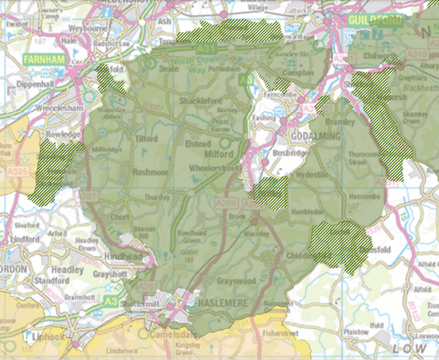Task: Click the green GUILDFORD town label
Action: pyautogui.click(x=376, y=21)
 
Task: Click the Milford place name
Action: pyautogui.click(x=219, y=154)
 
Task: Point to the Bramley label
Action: pyautogui.click(x=340, y=121)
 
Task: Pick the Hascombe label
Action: pyautogui.click(x=364, y=197)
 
